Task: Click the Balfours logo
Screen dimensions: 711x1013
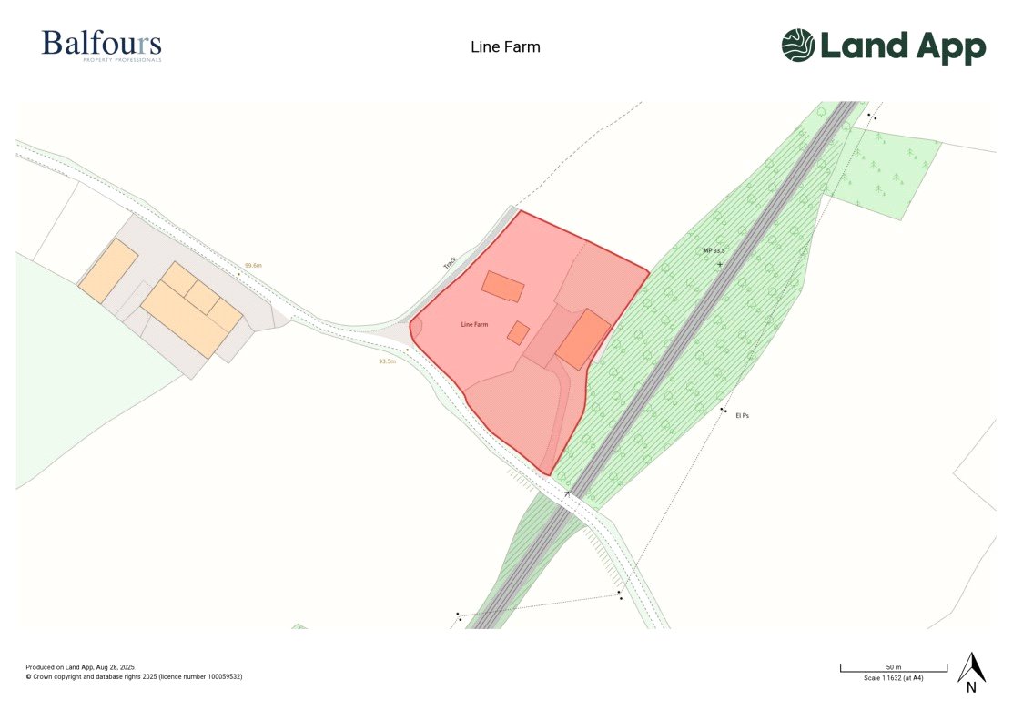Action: [101, 46]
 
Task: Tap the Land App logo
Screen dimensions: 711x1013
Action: [883, 46]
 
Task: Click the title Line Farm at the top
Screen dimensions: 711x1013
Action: [505, 46]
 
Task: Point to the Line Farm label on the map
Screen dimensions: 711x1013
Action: [474, 324]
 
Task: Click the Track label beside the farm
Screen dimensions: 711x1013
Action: [450, 262]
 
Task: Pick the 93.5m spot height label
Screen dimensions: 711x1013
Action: [388, 361]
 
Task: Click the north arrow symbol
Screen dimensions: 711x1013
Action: [971, 669]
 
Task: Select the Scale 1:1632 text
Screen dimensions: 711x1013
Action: [893, 678]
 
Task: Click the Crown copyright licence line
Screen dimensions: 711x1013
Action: [134, 676]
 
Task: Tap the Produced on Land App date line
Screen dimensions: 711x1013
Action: [80, 667]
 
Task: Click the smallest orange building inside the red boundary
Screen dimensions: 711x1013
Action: [518, 333]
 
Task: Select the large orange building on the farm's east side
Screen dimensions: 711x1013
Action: [583, 339]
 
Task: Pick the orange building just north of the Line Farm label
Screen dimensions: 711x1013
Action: [502, 287]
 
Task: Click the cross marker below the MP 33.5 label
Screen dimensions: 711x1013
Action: [720, 264]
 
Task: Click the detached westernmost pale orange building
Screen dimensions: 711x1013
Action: [107, 270]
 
